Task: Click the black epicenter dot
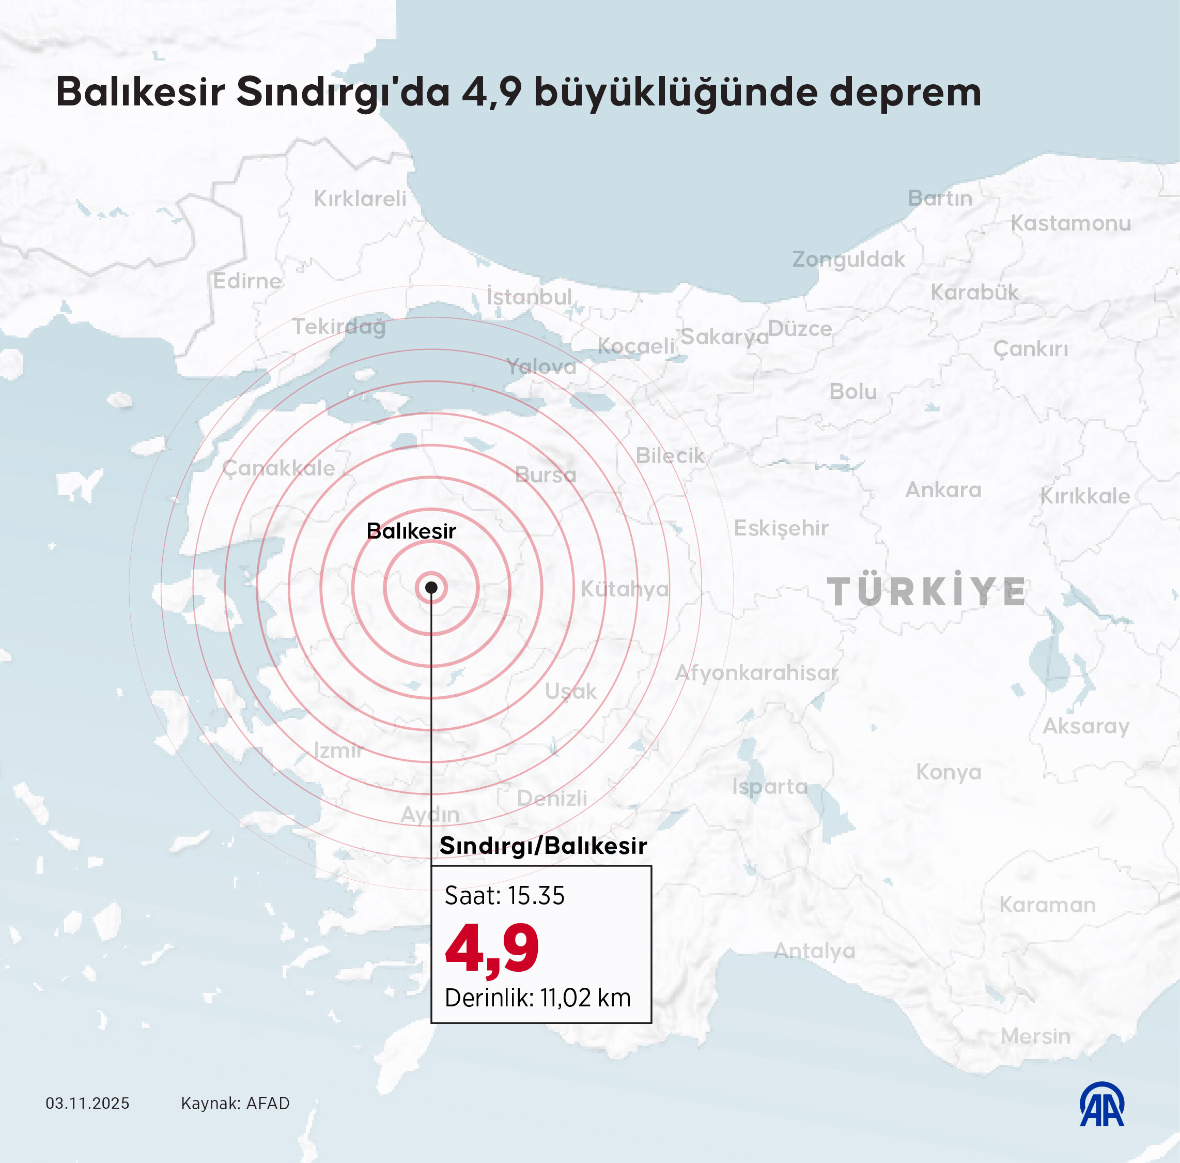pyautogui.click(x=431, y=588)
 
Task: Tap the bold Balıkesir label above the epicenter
pyautogui.click(x=411, y=531)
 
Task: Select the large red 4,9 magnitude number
pyautogui.click(x=492, y=948)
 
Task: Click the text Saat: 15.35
pyautogui.click(x=504, y=895)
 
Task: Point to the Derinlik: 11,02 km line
pyautogui.click(x=537, y=998)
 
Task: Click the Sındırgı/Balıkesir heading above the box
pyautogui.click(x=542, y=846)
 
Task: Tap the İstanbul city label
pyautogui.click(x=529, y=297)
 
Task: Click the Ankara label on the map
pyautogui.click(x=943, y=489)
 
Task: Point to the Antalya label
pyautogui.click(x=814, y=951)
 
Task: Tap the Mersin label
pyautogui.click(x=1035, y=1036)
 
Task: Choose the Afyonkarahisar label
pyautogui.click(x=756, y=672)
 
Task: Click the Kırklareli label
pyautogui.click(x=360, y=198)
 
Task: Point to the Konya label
pyautogui.click(x=949, y=772)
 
